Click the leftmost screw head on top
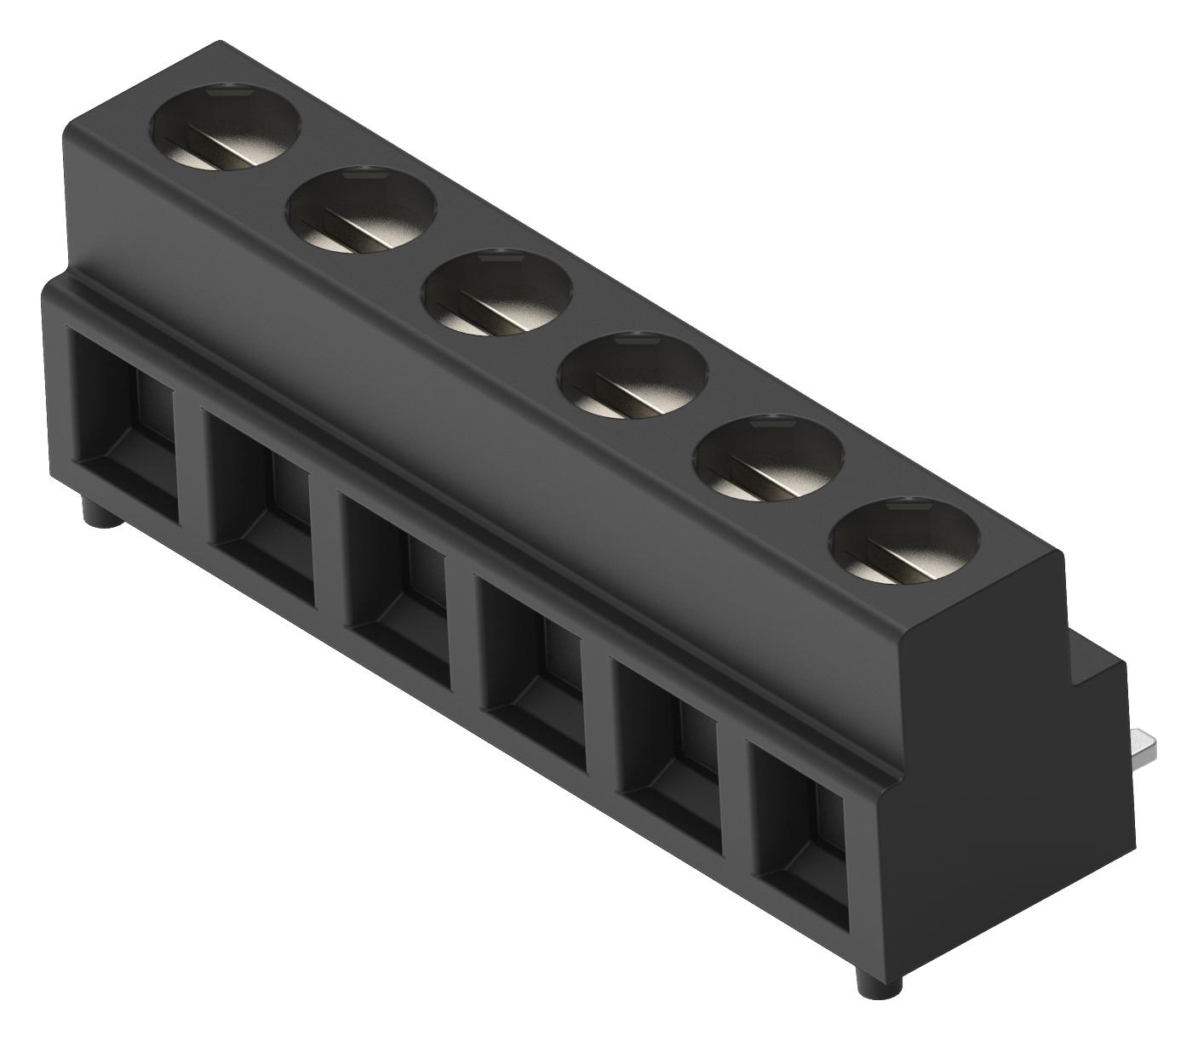[x=227, y=127]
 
